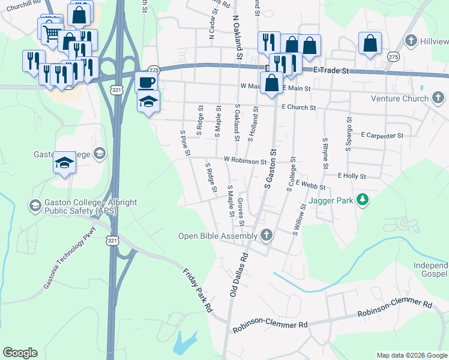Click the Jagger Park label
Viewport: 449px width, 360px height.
[330, 199]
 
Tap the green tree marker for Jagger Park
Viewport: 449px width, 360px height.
[362, 199]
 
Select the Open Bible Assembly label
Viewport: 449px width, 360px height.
[217, 236]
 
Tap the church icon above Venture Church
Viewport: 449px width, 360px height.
[438, 97]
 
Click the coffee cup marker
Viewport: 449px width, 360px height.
[146, 82]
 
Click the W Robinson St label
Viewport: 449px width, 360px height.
[245, 161]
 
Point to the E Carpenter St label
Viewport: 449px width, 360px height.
[381, 136]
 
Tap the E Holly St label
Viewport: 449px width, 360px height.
[351, 176]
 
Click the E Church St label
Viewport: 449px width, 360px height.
[298, 107]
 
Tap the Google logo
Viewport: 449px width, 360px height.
[20, 353]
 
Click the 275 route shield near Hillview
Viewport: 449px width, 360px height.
[393, 56]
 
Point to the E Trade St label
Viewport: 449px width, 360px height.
[331, 70]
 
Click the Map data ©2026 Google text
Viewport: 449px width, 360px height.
[412, 355]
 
